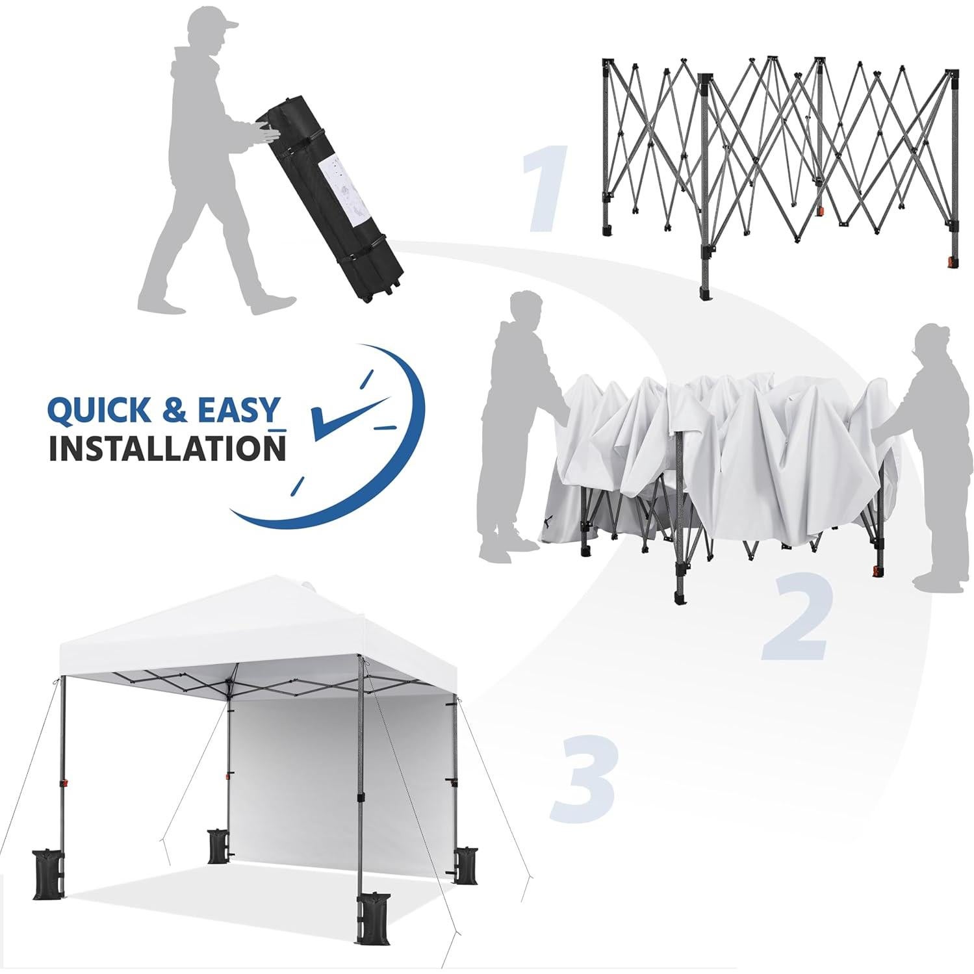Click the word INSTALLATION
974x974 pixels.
coord(167,448)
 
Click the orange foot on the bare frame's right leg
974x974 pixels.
coord(953,262)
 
